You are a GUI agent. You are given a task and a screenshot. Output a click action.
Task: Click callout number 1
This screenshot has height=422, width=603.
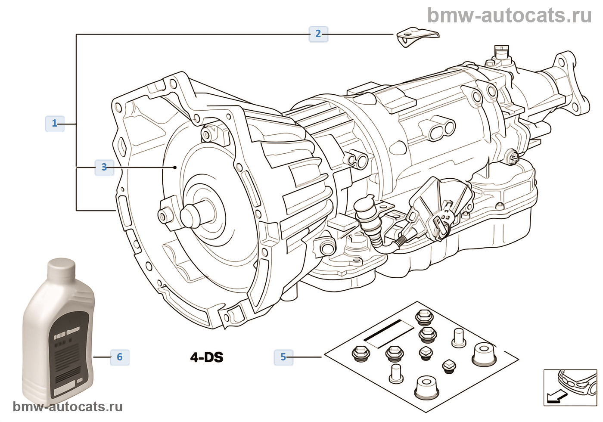pos(54,124)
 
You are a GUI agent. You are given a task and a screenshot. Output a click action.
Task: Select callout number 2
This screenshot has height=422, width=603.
pos(318,34)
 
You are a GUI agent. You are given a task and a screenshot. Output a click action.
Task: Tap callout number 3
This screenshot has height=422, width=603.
pos(104,167)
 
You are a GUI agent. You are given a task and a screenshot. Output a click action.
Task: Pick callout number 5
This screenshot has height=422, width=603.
pos(283,357)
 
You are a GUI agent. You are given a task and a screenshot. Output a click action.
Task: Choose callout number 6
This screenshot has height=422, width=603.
pos(120,357)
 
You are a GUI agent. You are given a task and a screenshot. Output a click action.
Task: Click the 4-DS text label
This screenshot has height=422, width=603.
pos(207,357)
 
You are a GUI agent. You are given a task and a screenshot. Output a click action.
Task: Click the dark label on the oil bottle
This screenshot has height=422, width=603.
pos(69,353)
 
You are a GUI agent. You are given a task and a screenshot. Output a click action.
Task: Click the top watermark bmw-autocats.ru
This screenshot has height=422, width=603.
pos(509,16)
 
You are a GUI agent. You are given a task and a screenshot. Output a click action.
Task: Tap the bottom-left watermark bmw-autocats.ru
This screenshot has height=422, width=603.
pos(68,407)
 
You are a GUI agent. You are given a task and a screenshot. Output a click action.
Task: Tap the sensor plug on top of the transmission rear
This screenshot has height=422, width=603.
pos(500,52)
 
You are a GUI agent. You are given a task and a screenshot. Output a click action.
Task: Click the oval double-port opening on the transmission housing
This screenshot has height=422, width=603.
pos(442,129)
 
